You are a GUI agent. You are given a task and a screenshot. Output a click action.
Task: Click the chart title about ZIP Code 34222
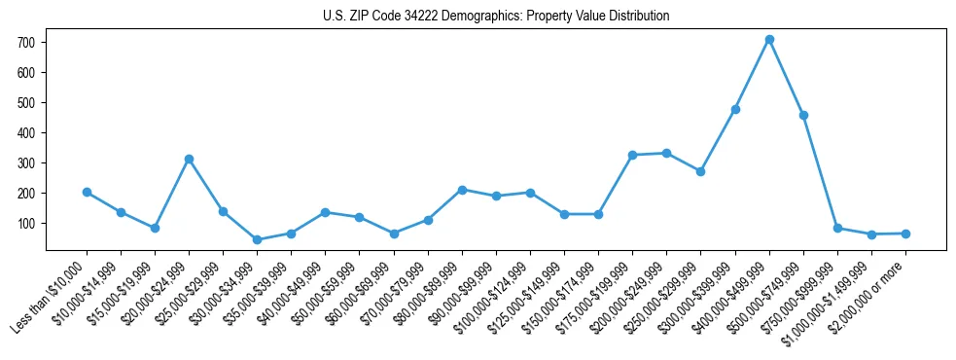click(x=496, y=17)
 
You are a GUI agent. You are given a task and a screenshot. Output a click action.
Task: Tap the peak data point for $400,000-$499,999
click(x=769, y=39)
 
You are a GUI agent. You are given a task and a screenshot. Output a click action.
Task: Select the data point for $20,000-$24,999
click(x=189, y=159)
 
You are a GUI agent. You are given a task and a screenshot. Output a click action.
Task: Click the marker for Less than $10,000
click(x=87, y=192)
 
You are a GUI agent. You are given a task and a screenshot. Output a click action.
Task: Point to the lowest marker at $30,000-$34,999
click(x=257, y=239)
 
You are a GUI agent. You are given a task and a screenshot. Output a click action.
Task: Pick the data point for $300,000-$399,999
click(x=735, y=109)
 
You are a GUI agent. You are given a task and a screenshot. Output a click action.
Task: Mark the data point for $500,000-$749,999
click(x=803, y=115)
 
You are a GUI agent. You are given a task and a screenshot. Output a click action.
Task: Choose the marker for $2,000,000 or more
click(x=905, y=234)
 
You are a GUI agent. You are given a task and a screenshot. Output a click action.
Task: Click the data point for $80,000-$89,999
click(x=462, y=190)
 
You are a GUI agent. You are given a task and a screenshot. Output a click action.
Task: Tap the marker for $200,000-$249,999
click(x=666, y=153)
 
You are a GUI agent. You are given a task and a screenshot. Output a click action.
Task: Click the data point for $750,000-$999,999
click(x=837, y=228)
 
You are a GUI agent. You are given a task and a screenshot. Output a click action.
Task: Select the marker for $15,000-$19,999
click(x=155, y=228)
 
